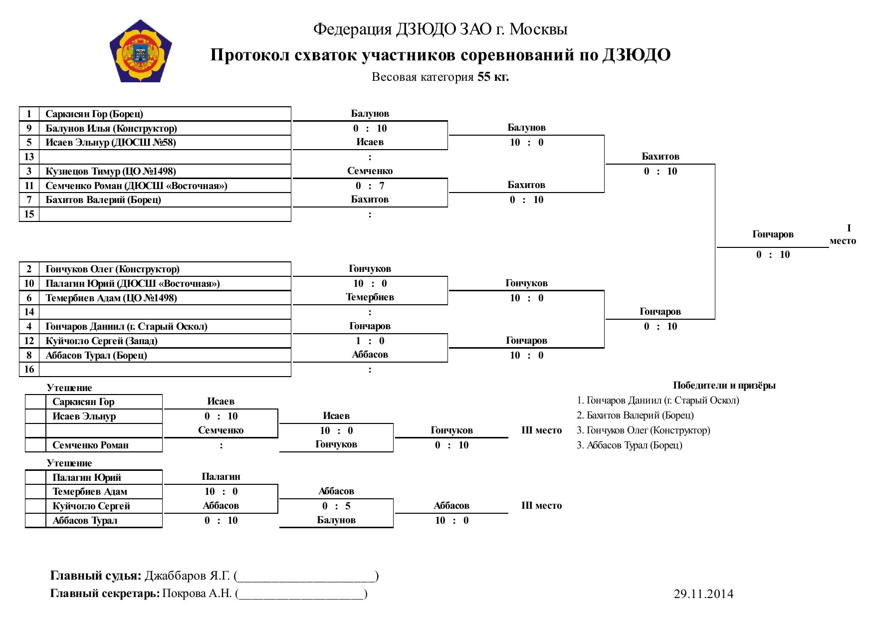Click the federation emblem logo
click(x=141, y=51)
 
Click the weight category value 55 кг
click(x=493, y=77)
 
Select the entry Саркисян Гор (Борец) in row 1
click(x=94, y=114)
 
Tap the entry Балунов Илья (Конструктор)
click(x=111, y=128)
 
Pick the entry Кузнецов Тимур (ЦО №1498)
click(x=111, y=171)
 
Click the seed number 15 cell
click(x=29, y=214)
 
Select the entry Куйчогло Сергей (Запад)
click(x=101, y=341)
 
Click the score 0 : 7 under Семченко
click(x=370, y=186)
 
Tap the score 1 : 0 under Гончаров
click(x=370, y=341)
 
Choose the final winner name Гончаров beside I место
click(x=773, y=234)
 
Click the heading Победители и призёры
click(x=724, y=385)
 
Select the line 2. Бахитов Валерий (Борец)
click(x=635, y=415)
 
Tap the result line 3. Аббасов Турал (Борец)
click(x=630, y=445)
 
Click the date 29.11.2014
click(x=703, y=594)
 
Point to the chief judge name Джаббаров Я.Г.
click(x=188, y=576)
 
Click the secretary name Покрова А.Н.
click(x=197, y=593)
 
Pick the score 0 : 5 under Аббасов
click(x=336, y=506)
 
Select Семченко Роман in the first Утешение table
click(x=90, y=445)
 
